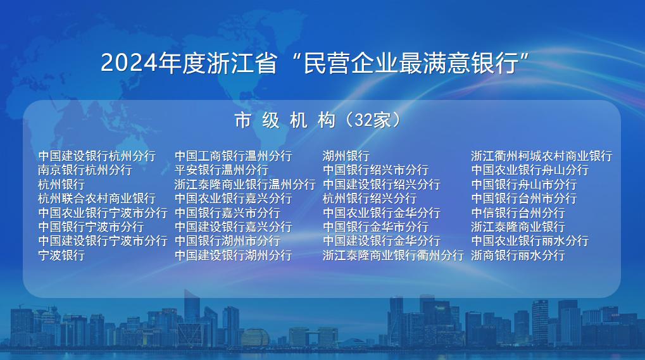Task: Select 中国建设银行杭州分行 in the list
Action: [x=97, y=156]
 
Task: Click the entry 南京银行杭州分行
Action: [x=85, y=170]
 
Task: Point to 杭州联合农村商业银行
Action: [x=97, y=199]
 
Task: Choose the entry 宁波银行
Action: [x=61, y=255]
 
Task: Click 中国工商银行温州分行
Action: [x=233, y=156]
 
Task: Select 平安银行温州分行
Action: [x=222, y=170]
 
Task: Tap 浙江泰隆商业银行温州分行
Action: [x=245, y=185]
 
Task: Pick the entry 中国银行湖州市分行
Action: [x=227, y=241]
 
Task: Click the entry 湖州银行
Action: [x=346, y=156]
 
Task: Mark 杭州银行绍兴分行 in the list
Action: [x=370, y=199]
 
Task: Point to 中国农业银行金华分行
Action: [x=382, y=213]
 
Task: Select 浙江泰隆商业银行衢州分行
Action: [x=394, y=255]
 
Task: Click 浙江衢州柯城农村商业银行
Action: [x=542, y=156]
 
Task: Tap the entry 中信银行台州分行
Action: [x=518, y=213]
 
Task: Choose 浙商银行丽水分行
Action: [x=518, y=255]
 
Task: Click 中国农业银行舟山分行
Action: [x=530, y=170]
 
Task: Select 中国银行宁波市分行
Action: [x=91, y=227]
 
